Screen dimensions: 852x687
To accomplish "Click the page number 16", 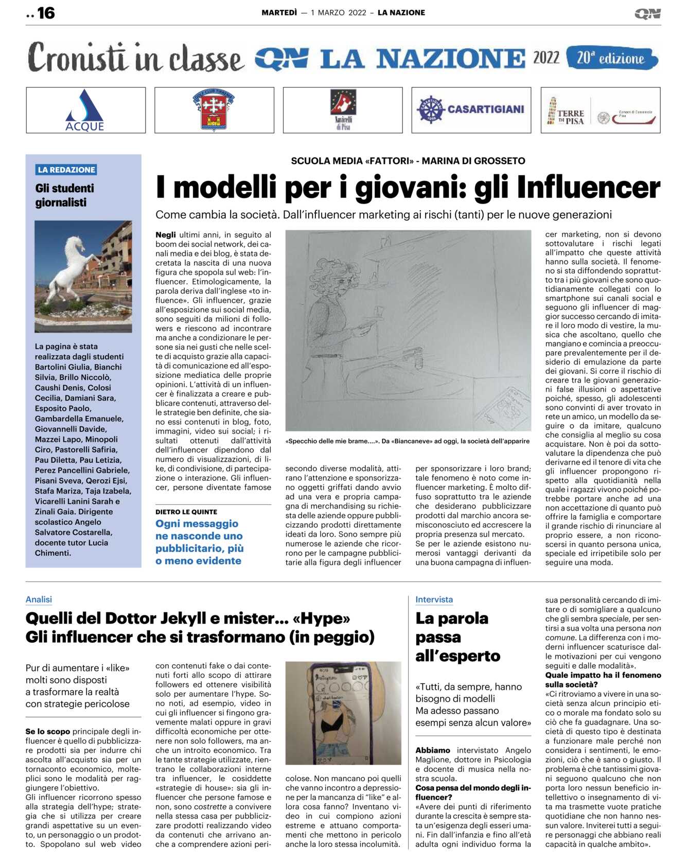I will pyautogui.click(x=46, y=13).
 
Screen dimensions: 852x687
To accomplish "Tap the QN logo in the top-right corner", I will pyautogui.click(x=647, y=14).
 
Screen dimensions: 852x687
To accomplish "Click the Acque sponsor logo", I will pyautogui.click(x=85, y=111).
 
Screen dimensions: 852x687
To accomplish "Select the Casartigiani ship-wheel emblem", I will pyautogui.click(x=430, y=110).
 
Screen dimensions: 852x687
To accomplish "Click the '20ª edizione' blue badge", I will pyautogui.click(x=611, y=58).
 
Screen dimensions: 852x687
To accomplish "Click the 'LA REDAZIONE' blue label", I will pyautogui.click(x=66, y=170).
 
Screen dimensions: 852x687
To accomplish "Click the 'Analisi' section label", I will pyautogui.click(x=39, y=600).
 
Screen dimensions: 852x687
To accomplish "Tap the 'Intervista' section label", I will pyautogui.click(x=434, y=600).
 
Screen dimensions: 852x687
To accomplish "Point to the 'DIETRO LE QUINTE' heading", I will pyautogui.click(x=186, y=512).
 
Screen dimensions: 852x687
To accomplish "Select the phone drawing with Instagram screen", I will pyautogui.click(x=343, y=713).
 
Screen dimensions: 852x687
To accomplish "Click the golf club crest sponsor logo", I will pyautogui.click(x=214, y=110).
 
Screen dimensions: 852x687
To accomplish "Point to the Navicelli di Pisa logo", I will pyautogui.click(x=343, y=110).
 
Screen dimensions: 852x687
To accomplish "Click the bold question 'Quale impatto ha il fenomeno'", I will pyautogui.click(x=603, y=675).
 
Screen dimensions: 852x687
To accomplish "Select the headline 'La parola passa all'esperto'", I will pyautogui.click(x=457, y=637).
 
